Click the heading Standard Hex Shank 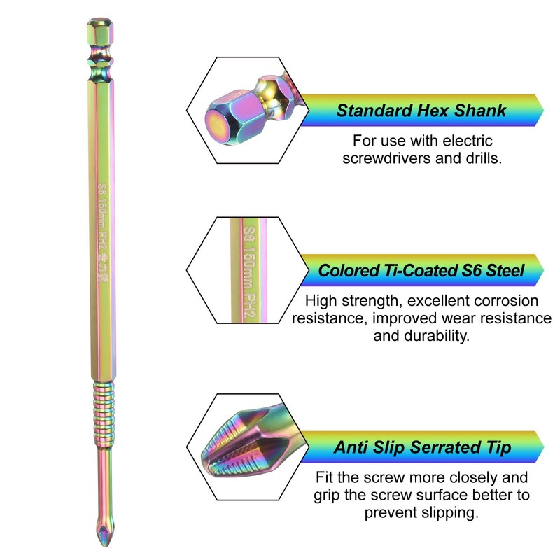coord(421,111)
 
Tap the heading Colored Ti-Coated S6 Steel coord(421,271)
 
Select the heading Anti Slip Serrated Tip coord(422,447)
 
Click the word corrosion coord(503,302)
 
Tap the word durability coord(435,335)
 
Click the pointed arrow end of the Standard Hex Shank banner coord(539,111)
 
